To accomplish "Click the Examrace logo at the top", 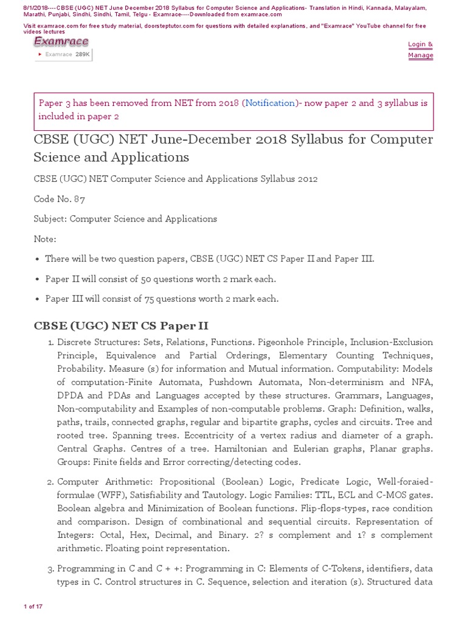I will (61, 42).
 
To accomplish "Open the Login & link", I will (420, 44).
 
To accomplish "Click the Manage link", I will (420, 55).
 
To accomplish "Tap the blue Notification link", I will (270, 103).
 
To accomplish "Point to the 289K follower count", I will (82, 55).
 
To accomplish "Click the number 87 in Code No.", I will (80, 199).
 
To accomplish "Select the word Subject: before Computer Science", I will (50, 219).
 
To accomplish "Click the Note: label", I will (45, 239).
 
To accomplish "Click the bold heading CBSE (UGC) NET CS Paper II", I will (121, 326).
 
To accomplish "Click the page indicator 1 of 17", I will (33, 607).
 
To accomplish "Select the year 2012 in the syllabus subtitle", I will (306, 179).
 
